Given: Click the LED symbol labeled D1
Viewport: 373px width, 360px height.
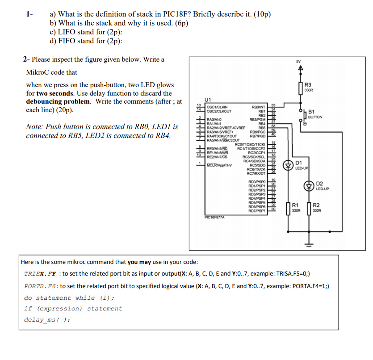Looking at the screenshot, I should (289, 164).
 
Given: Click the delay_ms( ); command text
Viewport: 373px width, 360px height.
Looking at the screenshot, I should (47, 320).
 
